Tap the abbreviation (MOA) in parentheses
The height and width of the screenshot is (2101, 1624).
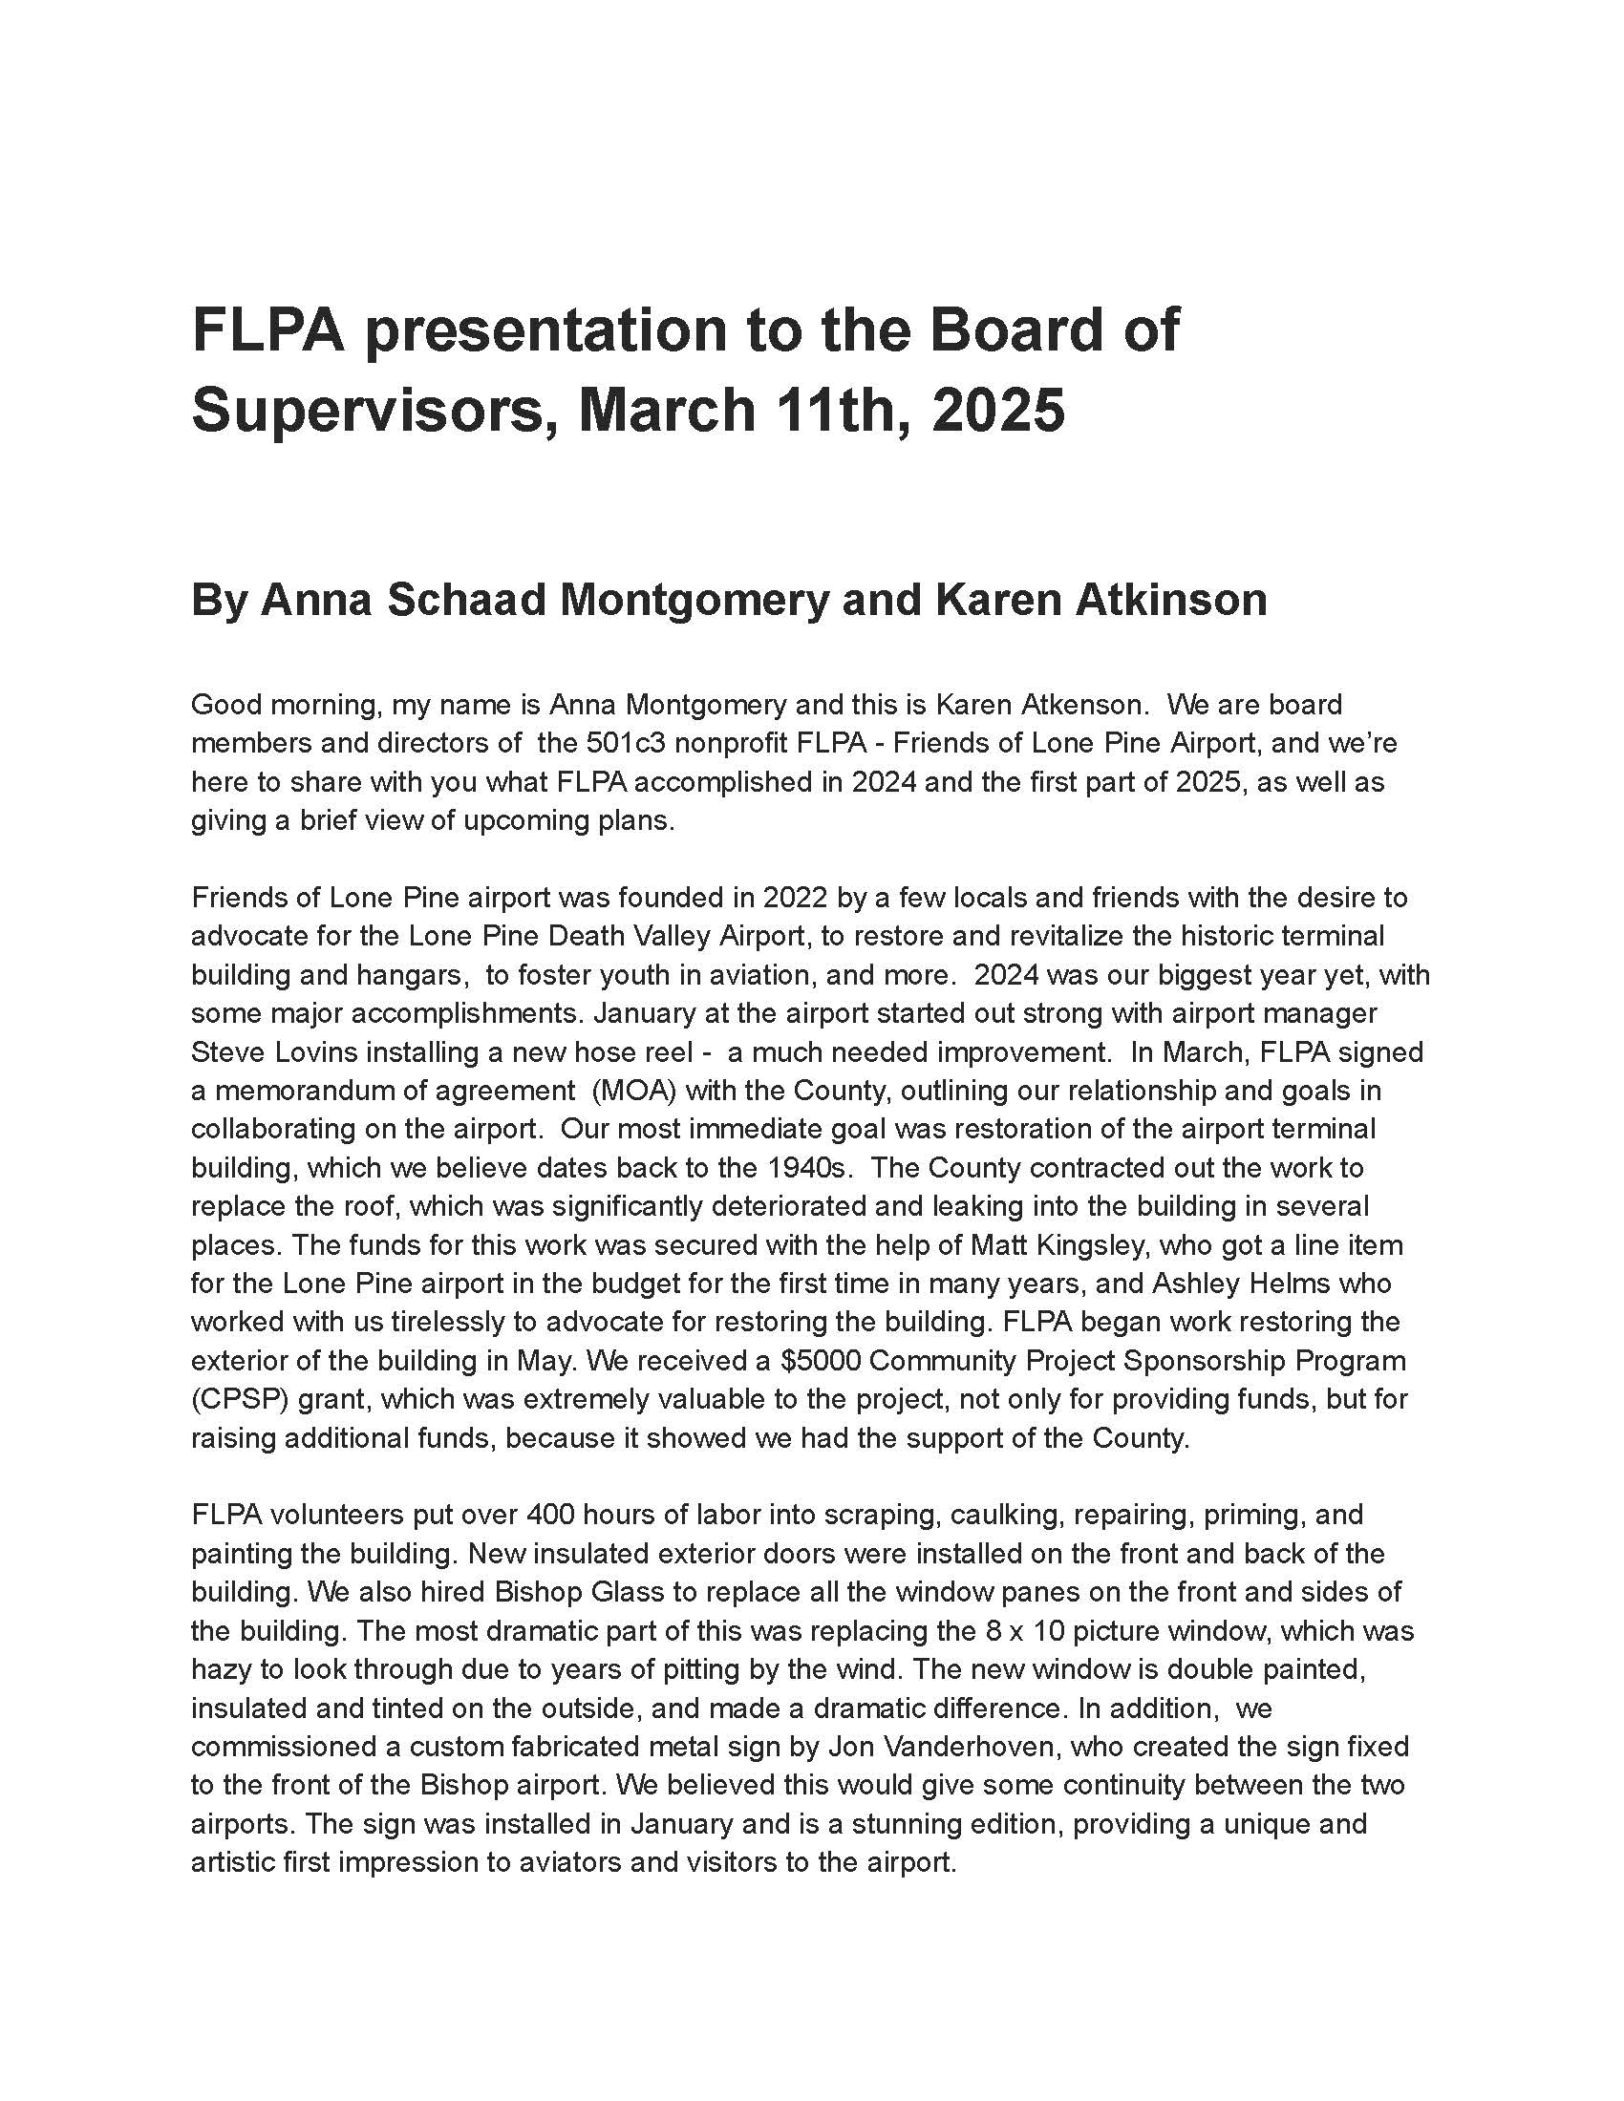[x=634, y=1091]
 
